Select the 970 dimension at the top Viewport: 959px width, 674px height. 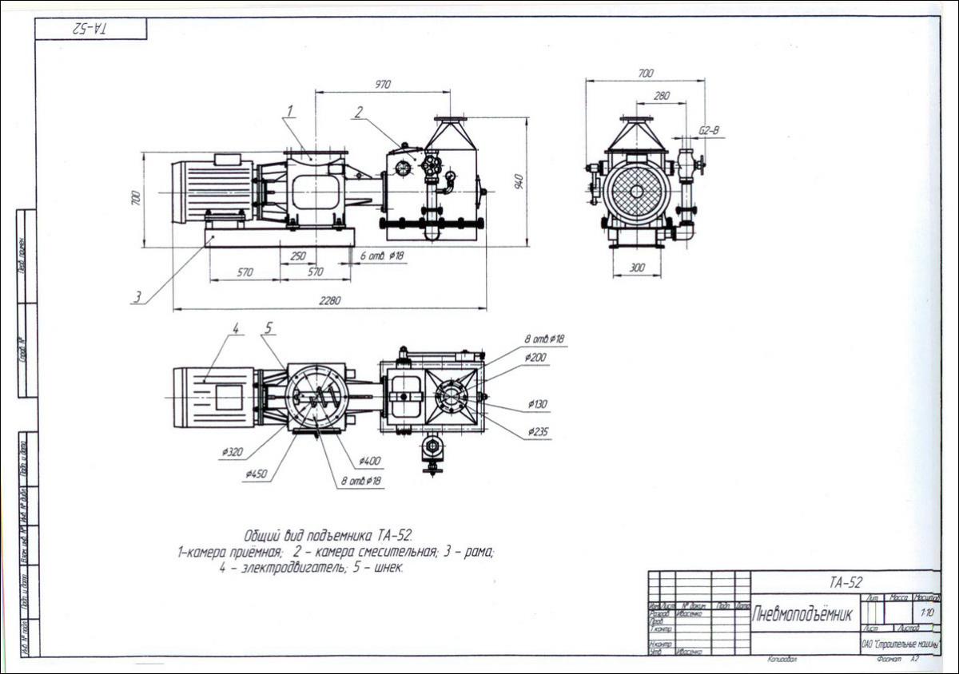(x=383, y=84)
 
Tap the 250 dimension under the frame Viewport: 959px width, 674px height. (x=297, y=256)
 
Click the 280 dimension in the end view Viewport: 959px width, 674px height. (x=661, y=96)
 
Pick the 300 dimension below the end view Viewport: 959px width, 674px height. (x=636, y=268)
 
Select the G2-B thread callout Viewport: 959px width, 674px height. (x=709, y=129)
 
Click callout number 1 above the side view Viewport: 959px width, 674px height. (x=291, y=109)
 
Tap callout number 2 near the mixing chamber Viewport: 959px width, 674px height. (x=359, y=112)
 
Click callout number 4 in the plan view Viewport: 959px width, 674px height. (x=236, y=327)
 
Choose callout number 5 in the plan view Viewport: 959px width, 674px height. (x=269, y=327)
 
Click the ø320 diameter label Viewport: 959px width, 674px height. (x=233, y=452)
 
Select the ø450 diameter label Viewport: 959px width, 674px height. (x=256, y=474)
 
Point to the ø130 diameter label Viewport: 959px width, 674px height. (x=538, y=404)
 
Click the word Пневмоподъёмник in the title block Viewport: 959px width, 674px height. (x=802, y=614)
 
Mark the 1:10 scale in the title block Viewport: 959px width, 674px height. (x=927, y=613)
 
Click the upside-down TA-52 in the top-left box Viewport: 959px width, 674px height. (x=91, y=28)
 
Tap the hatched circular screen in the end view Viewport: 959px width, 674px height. (x=636, y=191)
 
